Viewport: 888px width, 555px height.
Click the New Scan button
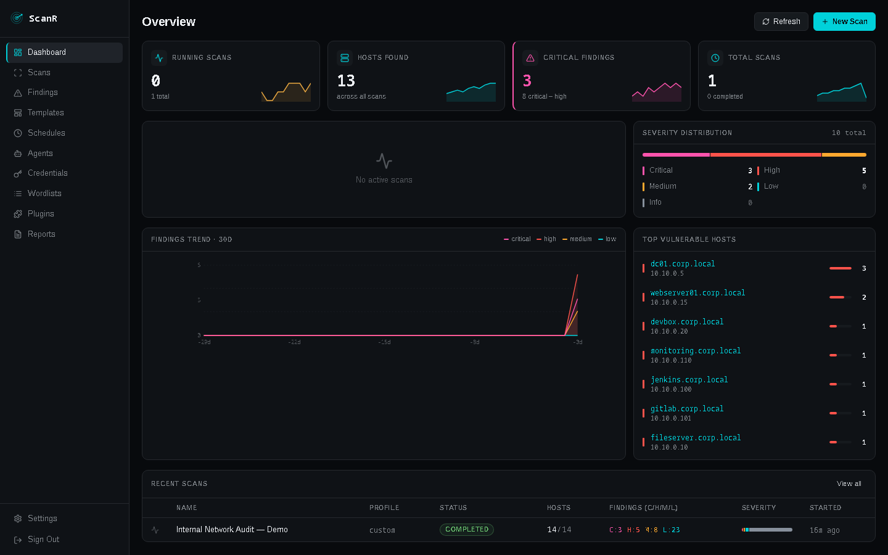point(844,22)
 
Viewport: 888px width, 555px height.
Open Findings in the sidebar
point(43,92)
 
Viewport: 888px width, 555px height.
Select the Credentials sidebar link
point(47,173)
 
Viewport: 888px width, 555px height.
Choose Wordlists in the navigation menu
point(44,194)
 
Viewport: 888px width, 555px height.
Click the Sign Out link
point(43,540)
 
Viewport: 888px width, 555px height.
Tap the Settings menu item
point(42,519)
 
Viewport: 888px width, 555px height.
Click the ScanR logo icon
point(17,18)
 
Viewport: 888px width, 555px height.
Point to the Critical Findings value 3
point(527,81)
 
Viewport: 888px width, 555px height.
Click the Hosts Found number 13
point(346,81)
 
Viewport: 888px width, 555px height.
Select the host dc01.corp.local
point(683,264)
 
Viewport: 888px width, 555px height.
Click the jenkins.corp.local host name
point(689,380)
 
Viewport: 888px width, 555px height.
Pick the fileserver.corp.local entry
point(696,438)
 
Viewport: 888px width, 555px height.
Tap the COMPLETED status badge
point(466,530)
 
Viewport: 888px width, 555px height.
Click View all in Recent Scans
point(849,484)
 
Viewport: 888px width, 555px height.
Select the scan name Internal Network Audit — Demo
point(232,530)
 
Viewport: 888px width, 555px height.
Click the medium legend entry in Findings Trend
point(577,239)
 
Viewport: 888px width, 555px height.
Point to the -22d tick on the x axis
point(294,342)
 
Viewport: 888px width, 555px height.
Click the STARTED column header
point(825,508)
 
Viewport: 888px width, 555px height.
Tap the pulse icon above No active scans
point(384,161)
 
